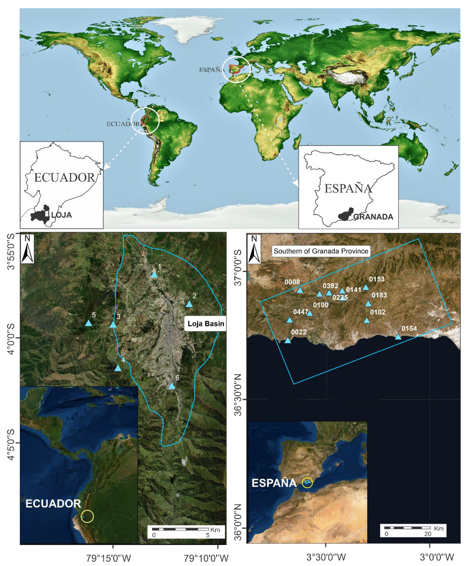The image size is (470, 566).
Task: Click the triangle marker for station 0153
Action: (x=366, y=287)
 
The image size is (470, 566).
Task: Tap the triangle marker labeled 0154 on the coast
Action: (x=398, y=337)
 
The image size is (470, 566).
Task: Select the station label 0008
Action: (x=292, y=282)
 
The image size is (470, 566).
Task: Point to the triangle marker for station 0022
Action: (x=288, y=340)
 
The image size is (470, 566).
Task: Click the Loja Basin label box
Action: (x=206, y=323)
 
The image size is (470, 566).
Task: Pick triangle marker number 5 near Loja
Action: (x=88, y=323)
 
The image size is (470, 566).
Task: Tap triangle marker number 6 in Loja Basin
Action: (x=172, y=386)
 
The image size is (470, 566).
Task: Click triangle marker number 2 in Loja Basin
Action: (x=189, y=304)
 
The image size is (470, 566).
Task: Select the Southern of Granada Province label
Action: (x=321, y=251)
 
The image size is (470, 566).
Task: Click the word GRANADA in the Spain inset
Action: (x=373, y=217)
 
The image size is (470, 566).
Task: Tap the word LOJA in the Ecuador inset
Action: (x=61, y=215)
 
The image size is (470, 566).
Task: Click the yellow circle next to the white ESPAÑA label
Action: (x=307, y=482)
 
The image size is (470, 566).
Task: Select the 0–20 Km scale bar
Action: (x=407, y=527)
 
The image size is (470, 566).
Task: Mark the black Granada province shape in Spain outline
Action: (x=346, y=214)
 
